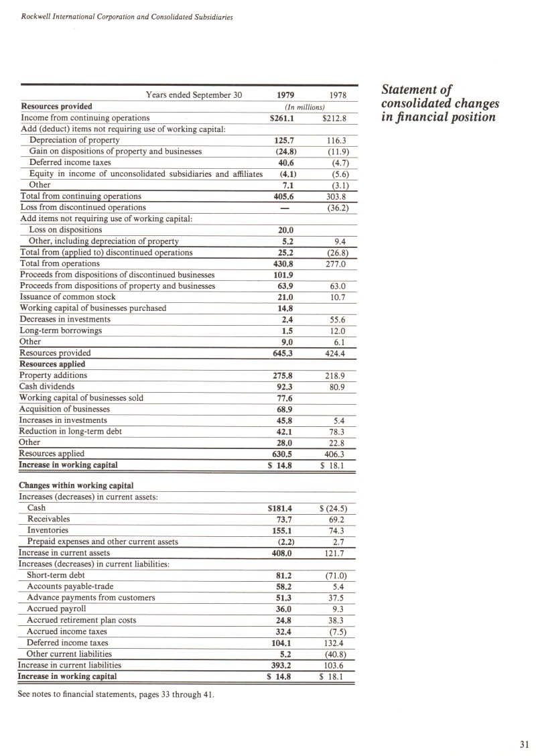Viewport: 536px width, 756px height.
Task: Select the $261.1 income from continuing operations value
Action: click(282, 118)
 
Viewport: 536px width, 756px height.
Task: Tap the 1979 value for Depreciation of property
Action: click(285, 141)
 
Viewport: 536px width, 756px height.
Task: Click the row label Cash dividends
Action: click(47, 387)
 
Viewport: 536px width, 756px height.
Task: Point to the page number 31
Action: click(524, 743)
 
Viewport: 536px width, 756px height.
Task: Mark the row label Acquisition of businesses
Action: click(64, 409)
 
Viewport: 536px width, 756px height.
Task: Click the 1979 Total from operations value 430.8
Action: click(285, 264)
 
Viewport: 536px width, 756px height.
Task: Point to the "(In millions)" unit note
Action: click(305, 107)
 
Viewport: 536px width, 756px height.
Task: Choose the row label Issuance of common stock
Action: click(68, 297)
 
